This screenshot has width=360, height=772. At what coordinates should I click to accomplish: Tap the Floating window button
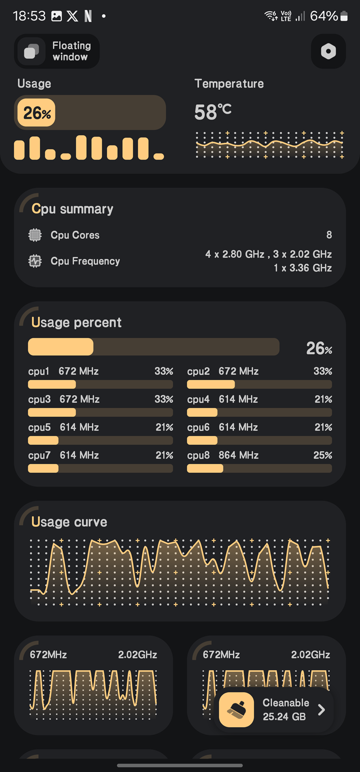tap(57, 51)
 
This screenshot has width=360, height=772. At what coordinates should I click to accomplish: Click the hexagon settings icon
tap(328, 51)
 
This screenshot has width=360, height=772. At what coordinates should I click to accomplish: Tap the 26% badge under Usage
tap(37, 113)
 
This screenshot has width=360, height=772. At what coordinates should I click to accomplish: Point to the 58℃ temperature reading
tap(213, 112)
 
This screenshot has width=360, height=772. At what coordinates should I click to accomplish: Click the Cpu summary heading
tap(72, 209)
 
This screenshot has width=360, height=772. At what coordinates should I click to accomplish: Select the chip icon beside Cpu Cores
tap(35, 235)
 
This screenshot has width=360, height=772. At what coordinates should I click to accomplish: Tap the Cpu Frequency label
tap(85, 261)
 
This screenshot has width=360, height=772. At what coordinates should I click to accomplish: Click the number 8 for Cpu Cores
tap(329, 235)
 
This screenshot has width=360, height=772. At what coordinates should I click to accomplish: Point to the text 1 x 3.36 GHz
tap(303, 268)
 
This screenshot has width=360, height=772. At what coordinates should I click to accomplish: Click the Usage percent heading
tap(76, 322)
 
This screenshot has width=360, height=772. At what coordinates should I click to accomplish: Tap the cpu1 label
tap(39, 371)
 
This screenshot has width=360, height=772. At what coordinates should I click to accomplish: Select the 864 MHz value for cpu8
tap(238, 455)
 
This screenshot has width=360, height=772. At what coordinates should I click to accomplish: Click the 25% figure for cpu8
tap(322, 455)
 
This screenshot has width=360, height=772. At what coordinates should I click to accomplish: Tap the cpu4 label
tap(198, 399)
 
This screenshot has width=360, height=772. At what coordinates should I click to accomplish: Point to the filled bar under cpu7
tap(43, 469)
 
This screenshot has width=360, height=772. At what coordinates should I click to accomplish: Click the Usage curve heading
tap(69, 522)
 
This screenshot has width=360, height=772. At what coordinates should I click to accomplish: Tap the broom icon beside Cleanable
tap(236, 710)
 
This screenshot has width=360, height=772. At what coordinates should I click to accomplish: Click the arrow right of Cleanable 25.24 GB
tap(321, 710)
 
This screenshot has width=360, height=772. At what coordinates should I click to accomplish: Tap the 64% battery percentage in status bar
tap(323, 16)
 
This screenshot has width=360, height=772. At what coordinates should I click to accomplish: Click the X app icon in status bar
tap(72, 16)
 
